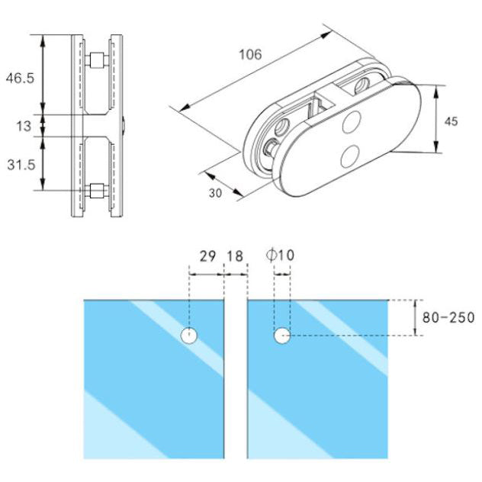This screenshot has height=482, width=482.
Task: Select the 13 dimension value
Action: (24, 124)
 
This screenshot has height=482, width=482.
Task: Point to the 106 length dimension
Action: (249, 54)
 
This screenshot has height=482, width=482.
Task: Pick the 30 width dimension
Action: (215, 193)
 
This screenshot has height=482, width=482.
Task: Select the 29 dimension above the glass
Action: (207, 256)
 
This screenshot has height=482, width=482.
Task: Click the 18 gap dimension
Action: (236, 256)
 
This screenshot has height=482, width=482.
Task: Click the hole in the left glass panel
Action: (188, 335)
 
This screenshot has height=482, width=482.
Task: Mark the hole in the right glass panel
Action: (282, 335)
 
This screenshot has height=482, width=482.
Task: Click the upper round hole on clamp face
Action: (353, 123)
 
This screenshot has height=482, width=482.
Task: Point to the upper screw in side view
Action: (96, 59)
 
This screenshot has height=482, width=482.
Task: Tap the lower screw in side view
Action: (96, 191)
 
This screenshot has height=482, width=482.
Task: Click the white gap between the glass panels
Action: (236, 381)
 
